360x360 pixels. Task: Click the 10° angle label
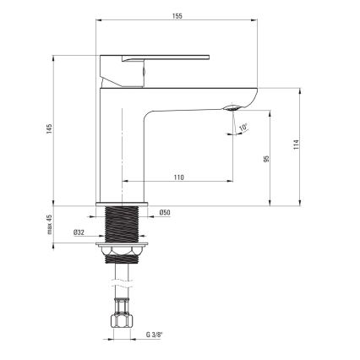(243, 128)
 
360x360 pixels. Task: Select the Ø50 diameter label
(166, 212)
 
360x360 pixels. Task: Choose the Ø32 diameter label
(79, 232)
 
